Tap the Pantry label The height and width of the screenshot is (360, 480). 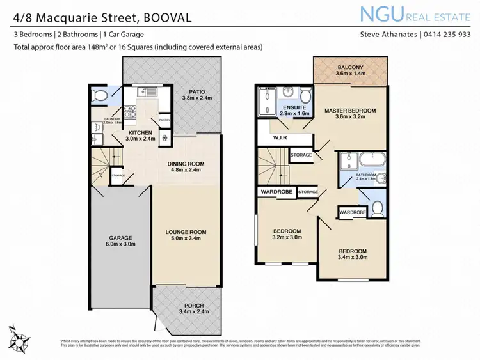pos(164,120)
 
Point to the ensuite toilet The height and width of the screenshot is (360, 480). pos(305,97)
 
